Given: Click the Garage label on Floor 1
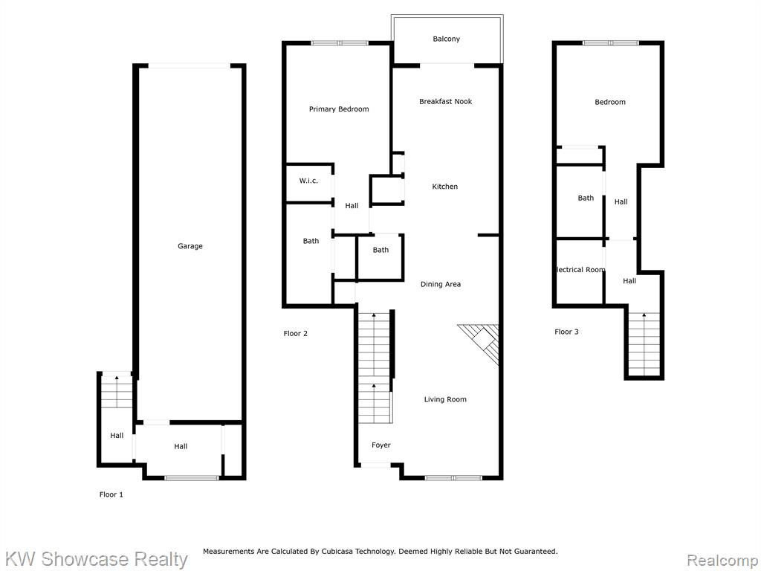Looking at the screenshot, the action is click(190, 246).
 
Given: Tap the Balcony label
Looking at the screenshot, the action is click(446, 39).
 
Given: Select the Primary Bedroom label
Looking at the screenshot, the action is click(339, 109).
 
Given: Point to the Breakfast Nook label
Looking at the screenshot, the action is click(446, 101).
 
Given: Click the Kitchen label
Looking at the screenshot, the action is click(444, 187).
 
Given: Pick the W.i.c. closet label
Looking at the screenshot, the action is click(308, 181).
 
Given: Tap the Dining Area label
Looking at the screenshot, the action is click(440, 285).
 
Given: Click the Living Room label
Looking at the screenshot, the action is click(445, 399).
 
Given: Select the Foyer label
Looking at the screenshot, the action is click(381, 445).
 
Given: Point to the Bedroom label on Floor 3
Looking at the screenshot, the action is click(610, 102).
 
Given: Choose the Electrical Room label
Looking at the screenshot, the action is click(581, 270).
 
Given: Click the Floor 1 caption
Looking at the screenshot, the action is click(111, 494).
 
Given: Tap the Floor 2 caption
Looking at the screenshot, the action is click(295, 334).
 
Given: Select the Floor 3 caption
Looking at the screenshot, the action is click(566, 332).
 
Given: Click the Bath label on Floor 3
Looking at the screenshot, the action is click(586, 198).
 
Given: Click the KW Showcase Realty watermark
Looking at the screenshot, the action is click(96, 559).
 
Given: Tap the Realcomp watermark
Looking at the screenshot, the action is click(722, 561).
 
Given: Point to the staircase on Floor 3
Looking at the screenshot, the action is click(644, 343).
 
